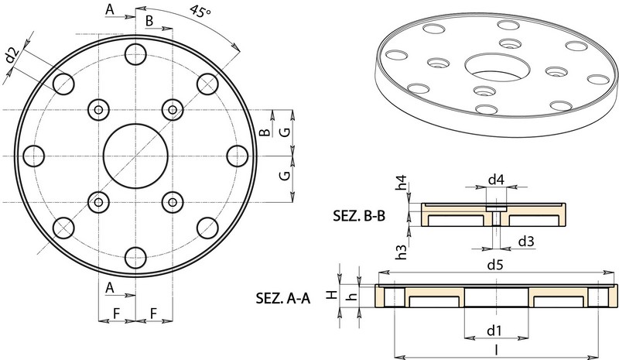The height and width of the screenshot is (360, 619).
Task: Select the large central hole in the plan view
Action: coord(135,156)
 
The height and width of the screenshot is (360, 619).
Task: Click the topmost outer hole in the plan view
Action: coord(135,54)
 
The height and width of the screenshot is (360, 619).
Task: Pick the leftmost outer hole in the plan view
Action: coord(34,156)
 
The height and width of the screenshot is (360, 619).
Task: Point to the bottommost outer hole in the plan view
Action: coord(135,257)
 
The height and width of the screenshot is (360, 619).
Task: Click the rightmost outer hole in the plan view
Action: coord(237,156)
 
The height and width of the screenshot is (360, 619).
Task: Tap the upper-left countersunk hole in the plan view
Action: coord(99,109)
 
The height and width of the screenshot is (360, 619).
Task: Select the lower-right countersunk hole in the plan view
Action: coord(172,201)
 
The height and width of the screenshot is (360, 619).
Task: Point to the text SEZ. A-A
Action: coord(282,298)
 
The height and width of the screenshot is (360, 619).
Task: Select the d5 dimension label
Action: coord(496,265)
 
